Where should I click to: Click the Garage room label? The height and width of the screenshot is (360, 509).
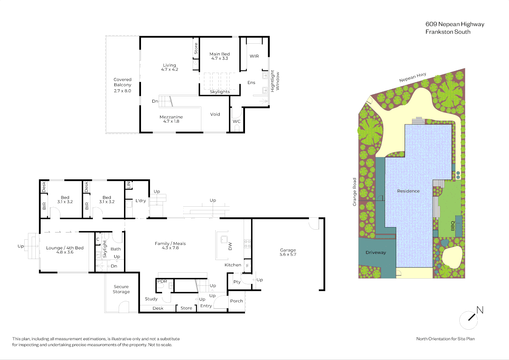pos(288,250)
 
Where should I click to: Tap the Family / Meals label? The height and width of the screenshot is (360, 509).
pos(170,243)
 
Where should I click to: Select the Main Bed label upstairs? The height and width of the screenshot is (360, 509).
pos(220,54)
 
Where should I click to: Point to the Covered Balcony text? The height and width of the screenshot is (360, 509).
pos(122,82)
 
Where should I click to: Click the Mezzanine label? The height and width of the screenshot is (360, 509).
pos(171,117)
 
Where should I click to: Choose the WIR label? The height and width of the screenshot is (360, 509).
pos(254,56)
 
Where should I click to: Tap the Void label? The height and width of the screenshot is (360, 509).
pos(215,114)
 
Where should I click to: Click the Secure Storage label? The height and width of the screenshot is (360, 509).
pos(121,289)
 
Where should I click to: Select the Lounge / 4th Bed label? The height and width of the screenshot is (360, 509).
pos(65,248)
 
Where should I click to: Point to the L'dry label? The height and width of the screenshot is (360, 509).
pos(141,200)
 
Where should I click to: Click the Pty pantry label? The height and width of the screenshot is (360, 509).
pos(237,282)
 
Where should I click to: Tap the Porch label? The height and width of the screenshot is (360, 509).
pos(237,301)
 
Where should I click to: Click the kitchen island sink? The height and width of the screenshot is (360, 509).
pos(224,239)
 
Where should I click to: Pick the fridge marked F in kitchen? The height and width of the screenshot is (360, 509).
pos(247,265)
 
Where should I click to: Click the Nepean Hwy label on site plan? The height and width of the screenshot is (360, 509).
pos(413,77)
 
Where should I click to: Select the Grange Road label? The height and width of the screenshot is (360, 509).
pos(354,192)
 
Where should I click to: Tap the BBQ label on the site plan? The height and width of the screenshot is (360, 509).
pos(453,226)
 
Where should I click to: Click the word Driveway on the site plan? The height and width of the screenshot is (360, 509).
pos(376,252)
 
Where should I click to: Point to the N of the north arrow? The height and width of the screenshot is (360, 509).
pos(480,310)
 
